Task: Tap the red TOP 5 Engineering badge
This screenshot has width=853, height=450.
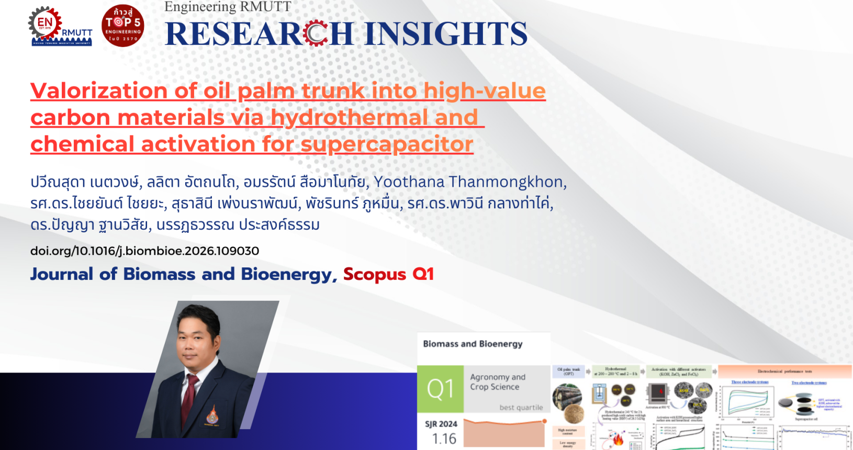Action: point(123,26)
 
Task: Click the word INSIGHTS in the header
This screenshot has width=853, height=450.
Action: point(445,34)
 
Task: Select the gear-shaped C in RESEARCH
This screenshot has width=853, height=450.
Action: point(316,33)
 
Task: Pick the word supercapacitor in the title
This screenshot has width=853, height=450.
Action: point(387,144)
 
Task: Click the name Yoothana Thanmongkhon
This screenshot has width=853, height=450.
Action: point(469,182)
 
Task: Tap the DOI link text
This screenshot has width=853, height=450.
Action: point(144,251)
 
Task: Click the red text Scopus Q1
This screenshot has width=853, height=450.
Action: point(388,274)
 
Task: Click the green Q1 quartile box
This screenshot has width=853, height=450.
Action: point(440,389)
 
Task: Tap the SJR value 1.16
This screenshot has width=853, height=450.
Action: point(444,438)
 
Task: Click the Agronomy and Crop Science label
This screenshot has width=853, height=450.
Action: point(497,382)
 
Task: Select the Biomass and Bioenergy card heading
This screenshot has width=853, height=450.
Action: point(473,344)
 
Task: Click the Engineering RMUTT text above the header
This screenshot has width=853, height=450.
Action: point(228,7)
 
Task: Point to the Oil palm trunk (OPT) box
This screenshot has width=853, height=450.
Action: point(568,372)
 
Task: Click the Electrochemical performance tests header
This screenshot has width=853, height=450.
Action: point(784,372)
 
